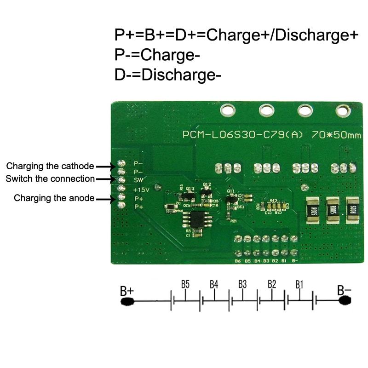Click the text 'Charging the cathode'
tap(50, 166)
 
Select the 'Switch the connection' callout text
tap(50, 178)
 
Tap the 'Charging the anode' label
tap(54, 198)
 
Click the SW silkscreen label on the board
tap(137, 180)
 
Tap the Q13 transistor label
tap(190, 189)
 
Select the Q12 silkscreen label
tap(207, 184)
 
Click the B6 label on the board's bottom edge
tap(237, 261)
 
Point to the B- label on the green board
tap(294, 261)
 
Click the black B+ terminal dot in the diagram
tap(127, 301)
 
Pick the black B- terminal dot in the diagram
tap(344, 300)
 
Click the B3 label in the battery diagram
tap(242, 284)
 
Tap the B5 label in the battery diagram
tap(185, 284)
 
